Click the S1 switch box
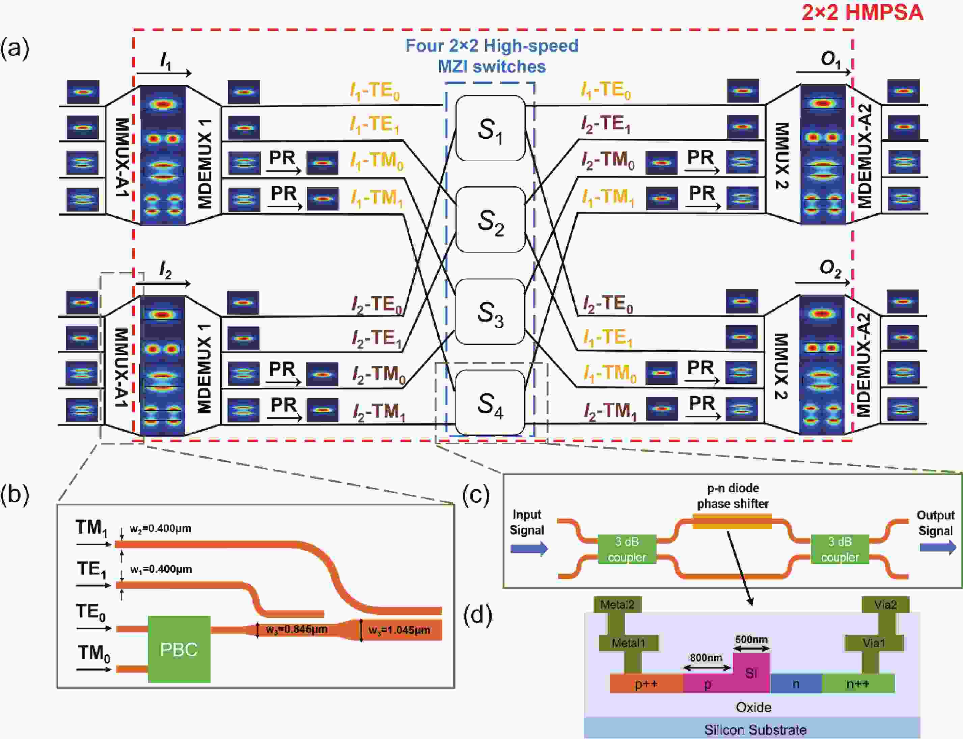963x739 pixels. [x=490, y=129]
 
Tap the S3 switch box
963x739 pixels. [x=490, y=312]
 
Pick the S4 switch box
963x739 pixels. [x=490, y=403]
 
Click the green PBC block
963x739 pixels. [x=179, y=649]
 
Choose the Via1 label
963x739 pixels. [x=873, y=643]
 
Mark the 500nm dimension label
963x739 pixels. [x=751, y=639]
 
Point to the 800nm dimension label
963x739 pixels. [x=706, y=657]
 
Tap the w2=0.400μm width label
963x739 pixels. [x=161, y=528]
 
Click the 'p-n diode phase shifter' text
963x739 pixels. [x=733, y=496]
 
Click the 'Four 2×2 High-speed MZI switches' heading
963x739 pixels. [x=492, y=56]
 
